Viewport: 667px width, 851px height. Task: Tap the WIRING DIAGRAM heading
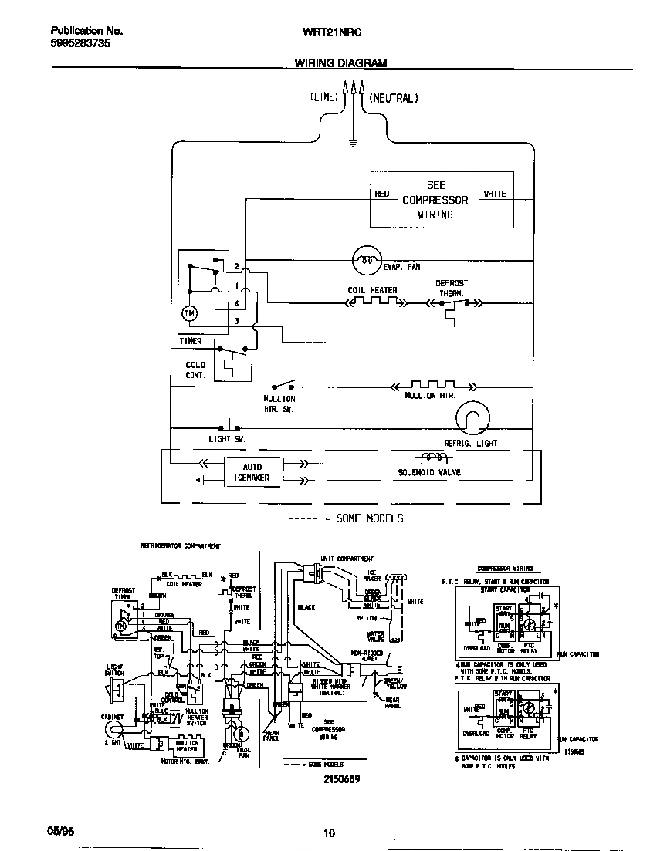pos(340,63)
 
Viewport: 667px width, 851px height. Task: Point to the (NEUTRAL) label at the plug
pos(393,98)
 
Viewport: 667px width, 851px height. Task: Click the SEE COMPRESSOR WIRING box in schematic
pos(442,200)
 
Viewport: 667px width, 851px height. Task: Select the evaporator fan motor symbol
pos(366,260)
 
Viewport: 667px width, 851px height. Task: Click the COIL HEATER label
pos(372,291)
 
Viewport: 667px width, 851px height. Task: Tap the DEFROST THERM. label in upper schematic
pos(452,289)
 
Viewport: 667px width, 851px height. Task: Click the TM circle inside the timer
pos(189,313)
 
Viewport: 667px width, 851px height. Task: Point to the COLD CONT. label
pos(196,370)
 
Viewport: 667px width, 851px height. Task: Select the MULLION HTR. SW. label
pos(279,404)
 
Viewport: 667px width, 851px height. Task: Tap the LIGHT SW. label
pos(226,439)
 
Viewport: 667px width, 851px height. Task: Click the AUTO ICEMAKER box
pos(252,472)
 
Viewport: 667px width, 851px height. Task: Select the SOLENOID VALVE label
pos(429,471)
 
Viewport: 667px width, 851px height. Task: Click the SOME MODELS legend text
pos(369,518)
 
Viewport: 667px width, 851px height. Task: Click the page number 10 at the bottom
pos(330,832)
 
